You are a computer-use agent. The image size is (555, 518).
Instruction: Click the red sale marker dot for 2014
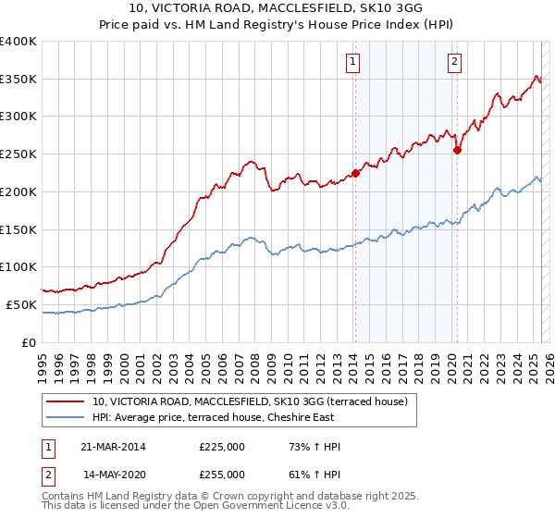(x=355, y=173)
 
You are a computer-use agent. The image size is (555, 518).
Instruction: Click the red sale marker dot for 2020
(x=457, y=150)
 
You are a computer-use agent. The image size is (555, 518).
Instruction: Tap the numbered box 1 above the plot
(x=353, y=62)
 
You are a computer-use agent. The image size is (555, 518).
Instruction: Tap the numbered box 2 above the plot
(x=455, y=62)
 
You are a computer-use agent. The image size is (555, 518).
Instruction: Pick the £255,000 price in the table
(x=222, y=475)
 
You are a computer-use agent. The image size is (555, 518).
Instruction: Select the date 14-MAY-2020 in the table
(x=114, y=475)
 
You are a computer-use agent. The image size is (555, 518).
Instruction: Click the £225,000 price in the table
(x=222, y=447)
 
